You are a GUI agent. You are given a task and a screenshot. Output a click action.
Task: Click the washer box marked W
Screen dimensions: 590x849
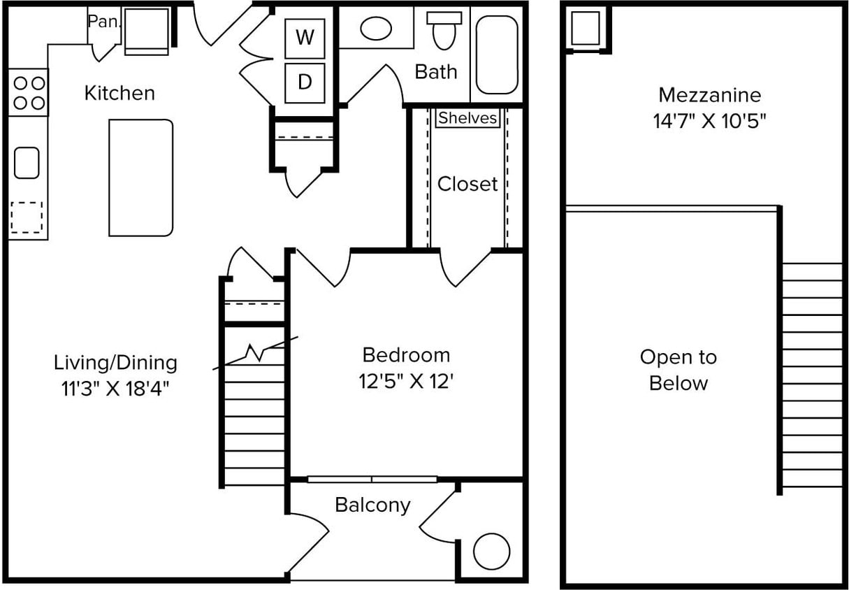[305, 38]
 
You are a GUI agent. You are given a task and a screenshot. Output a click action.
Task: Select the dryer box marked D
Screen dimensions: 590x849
[305, 82]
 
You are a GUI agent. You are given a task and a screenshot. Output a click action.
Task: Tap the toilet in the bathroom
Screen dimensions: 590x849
[444, 31]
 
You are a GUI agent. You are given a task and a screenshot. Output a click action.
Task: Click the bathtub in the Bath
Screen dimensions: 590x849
[497, 54]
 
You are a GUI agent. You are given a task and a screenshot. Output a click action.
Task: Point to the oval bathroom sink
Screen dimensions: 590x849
[376, 29]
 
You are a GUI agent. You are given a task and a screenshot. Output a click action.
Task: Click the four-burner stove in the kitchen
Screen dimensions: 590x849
[29, 92]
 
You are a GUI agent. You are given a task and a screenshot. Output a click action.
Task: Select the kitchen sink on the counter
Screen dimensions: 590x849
[27, 163]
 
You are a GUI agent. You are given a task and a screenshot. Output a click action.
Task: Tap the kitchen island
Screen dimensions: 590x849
[140, 178]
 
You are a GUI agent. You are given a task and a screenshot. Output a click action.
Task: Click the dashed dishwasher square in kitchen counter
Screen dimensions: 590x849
[27, 217]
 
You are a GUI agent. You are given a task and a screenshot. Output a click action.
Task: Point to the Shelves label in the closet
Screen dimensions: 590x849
[467, 118]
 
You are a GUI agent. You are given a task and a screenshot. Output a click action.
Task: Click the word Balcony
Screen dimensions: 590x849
[372, 505]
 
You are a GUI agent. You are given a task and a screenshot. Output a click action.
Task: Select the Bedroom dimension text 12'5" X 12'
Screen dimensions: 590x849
[406, 382]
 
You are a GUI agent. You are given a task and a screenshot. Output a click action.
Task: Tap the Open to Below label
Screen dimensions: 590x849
[678, 370]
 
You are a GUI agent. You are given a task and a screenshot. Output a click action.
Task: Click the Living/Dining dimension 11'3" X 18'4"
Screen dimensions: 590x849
[115, 388]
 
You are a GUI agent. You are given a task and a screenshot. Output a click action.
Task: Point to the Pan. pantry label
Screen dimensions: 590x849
[103, 22]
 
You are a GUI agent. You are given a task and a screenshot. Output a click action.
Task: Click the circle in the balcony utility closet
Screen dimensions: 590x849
[491, 552]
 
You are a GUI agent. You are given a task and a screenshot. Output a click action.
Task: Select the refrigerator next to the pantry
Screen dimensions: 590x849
[146, 31]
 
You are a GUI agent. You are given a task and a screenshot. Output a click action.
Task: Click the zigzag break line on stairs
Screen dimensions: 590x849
[255, 352]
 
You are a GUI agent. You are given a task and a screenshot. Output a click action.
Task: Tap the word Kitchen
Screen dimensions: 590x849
[119, 93]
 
